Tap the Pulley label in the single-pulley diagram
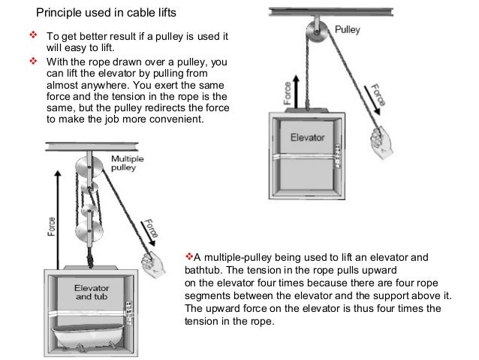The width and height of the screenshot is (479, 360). pos(346,30)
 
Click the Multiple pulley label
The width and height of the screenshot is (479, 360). pos(128,164)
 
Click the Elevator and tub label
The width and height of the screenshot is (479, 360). pos(92,292)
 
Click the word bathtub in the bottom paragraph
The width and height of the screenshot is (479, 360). pos(203,269)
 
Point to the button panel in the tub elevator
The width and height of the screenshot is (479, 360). pos(131,308)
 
